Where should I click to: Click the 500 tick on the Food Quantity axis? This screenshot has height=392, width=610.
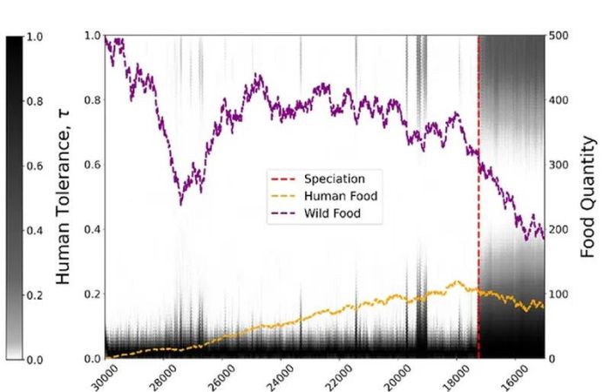pos(563,36)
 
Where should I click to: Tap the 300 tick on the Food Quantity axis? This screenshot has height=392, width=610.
pos(563,165)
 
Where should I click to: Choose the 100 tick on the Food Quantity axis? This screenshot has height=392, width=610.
pos(563,294)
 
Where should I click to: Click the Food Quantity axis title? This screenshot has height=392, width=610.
pos(590,197)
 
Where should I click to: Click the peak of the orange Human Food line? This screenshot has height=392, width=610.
pos(455,281)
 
